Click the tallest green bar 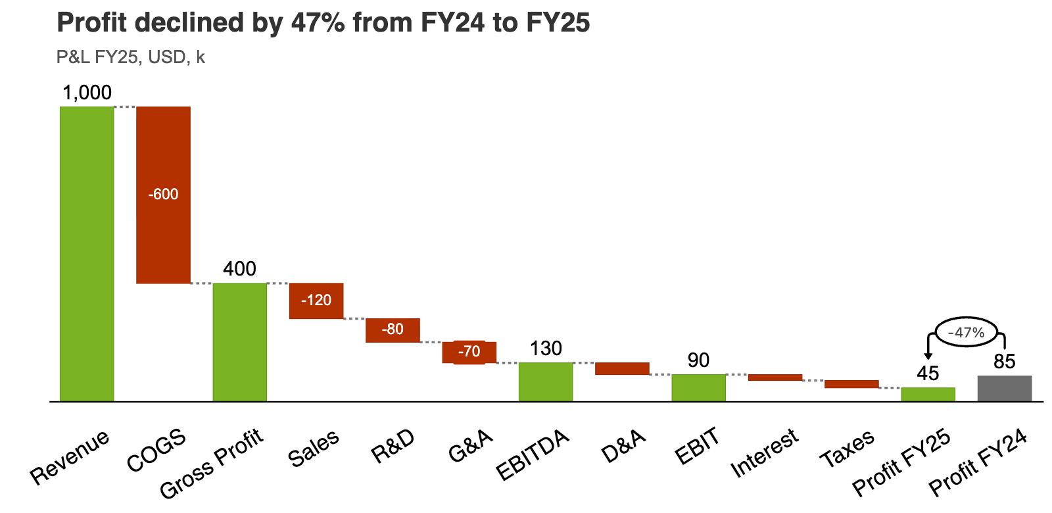point(87,253)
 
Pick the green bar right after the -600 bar point(240,341)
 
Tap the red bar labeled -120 point(316,301)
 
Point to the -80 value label point(393,329)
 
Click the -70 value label point(469,351)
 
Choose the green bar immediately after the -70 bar point(546,381)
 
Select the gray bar point(1004,388)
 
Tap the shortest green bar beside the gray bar point(928,394)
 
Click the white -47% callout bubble point(966,332)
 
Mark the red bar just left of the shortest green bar point(851,384)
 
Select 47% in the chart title point(318,22)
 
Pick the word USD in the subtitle point(168,57)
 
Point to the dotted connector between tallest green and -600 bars point(125,107)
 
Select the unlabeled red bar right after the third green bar point(622,369)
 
